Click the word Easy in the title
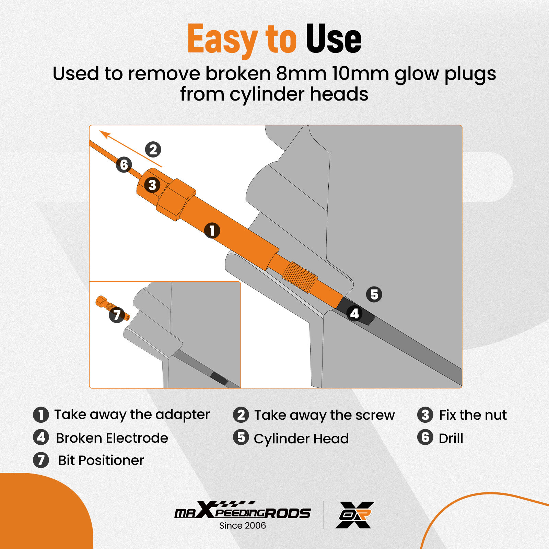pyautogui.click(x=222, y=39)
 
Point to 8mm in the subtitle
pyautogui.click(x=301, y=73)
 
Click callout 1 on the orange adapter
pyautogui.click(x=212, y=230)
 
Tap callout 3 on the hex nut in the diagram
pyautogui.click(x=152, y=185)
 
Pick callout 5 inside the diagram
pyautogui.click(x=374, y=294)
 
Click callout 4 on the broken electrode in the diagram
pyautogui.click(x=354, y=313)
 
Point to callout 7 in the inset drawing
pyautogui.click(x=117, y=315)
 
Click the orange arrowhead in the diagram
pyautogui.click(x=105, y=135)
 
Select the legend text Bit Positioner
pyautogui.click(x=101, y=460)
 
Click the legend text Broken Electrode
pyautogui.click(x=112, y=438)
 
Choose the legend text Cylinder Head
pyautogui.click(x=301, y=439)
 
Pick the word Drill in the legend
pyautogui.click(x=451, y=438)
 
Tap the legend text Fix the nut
pyautogui.click(x=473, y=415)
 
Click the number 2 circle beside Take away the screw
pyautogui.click(x=241, y=415)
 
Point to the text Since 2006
pyautogui.click(x=243, y=525)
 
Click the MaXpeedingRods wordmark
pyautogui.click(x=243, y=510)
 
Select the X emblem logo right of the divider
pyautogui.click(x=355, y=515)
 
